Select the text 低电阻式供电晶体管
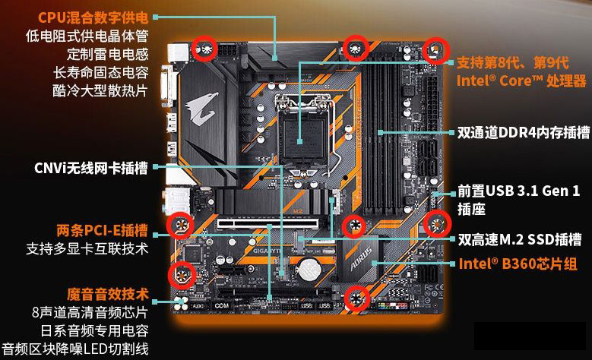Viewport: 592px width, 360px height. coord(87,35)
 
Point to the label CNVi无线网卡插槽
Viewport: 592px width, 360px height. coord(90,167)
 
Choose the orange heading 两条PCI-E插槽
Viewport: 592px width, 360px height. coord(102,229)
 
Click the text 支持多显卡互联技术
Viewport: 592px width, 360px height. coord(87,248)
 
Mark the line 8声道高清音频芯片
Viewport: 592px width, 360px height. coord(90,312)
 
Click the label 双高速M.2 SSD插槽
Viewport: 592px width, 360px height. coord(520,240)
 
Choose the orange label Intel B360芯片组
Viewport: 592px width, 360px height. coord(517,264)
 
